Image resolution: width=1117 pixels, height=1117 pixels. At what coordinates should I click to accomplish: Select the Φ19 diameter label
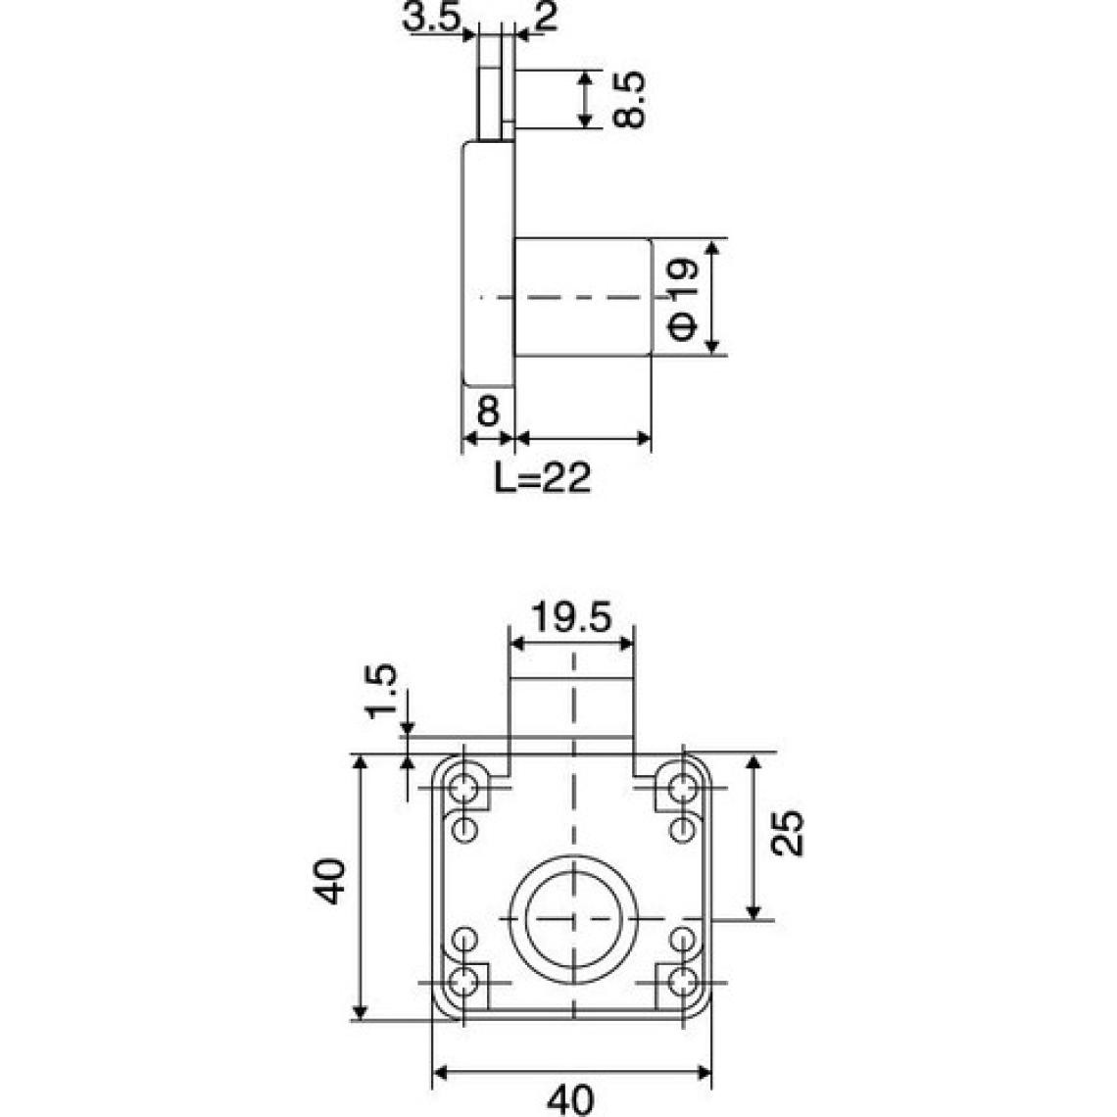(683, 299)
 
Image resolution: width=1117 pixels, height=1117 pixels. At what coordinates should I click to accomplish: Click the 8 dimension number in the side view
(488, 412)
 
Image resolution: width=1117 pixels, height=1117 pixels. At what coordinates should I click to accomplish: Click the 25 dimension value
(787, 833)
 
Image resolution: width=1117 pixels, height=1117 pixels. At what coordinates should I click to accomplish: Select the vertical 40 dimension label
(330, 881)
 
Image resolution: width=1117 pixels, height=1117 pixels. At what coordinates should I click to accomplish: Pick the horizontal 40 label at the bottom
(570, 1100)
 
